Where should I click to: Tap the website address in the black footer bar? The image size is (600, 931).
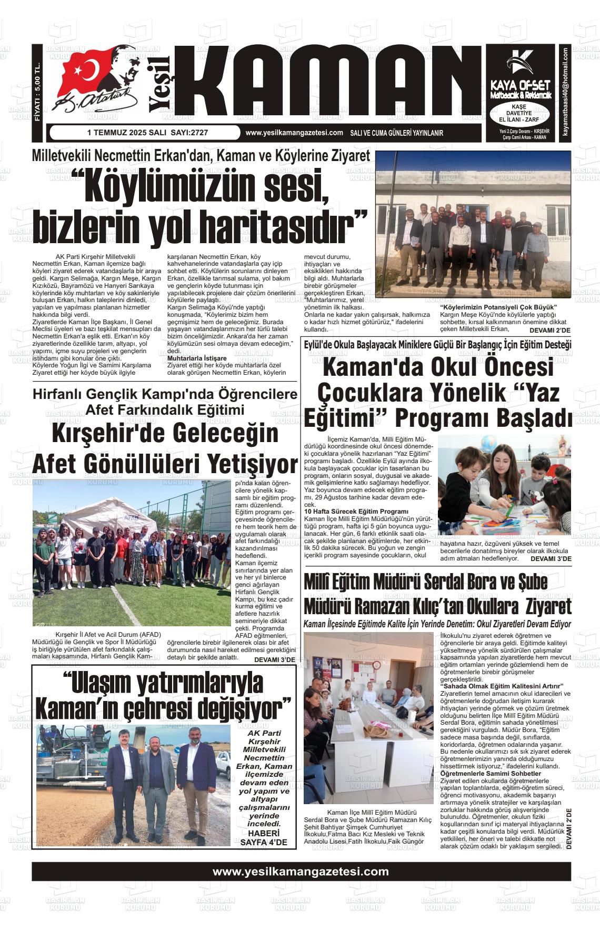pyautogui.click(x=301, y=871)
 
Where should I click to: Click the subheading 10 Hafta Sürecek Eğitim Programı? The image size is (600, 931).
pyautogui.click(x=356, y=511)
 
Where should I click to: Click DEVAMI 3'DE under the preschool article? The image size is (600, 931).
pyautogui.click(x=551, y=558)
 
